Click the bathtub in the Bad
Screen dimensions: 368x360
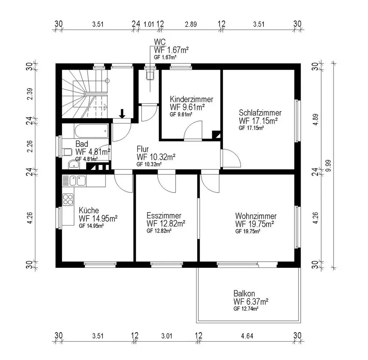pyautogui.click(x=92, y=131)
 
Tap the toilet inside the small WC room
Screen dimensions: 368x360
pyautogui.click(x=150, y=75)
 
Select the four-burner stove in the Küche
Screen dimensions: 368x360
pyautogui.click(x=68, y=200)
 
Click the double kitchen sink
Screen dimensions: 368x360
pyautogui.click(x=77, y=181)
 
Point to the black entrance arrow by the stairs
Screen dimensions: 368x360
pyautogui.click(x=122, y=113)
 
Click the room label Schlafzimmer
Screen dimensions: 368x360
pyautogui.click(x=260, y=112)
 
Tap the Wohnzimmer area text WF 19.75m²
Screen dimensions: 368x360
pyautogui.click(x=255, y=224)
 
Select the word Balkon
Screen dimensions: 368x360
pyautogui.click(x=244, y=293)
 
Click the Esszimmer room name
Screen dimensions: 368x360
pyautogui.click(x=164, y=216)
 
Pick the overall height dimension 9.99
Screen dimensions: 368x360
pyautogui.click(x=329, y=165)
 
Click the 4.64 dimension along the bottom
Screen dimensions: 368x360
pyautogui.click(x=247, y=336)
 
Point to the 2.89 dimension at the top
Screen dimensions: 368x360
pyautogui.click(x=191, y=24)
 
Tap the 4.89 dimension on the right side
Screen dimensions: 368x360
pyautogui.click(x=316, y=119)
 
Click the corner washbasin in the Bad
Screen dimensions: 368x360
pyautogui.click(x=74, y=164)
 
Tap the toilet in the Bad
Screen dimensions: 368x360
pyautogui.click(x=67, y=152)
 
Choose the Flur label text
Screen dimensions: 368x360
pyautogui.click(x=142, y=149)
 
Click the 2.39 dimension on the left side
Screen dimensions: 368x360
pyautogui.click(x=30, y=94)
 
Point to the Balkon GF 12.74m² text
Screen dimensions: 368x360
pyautogui.click(x=246, y=309)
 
